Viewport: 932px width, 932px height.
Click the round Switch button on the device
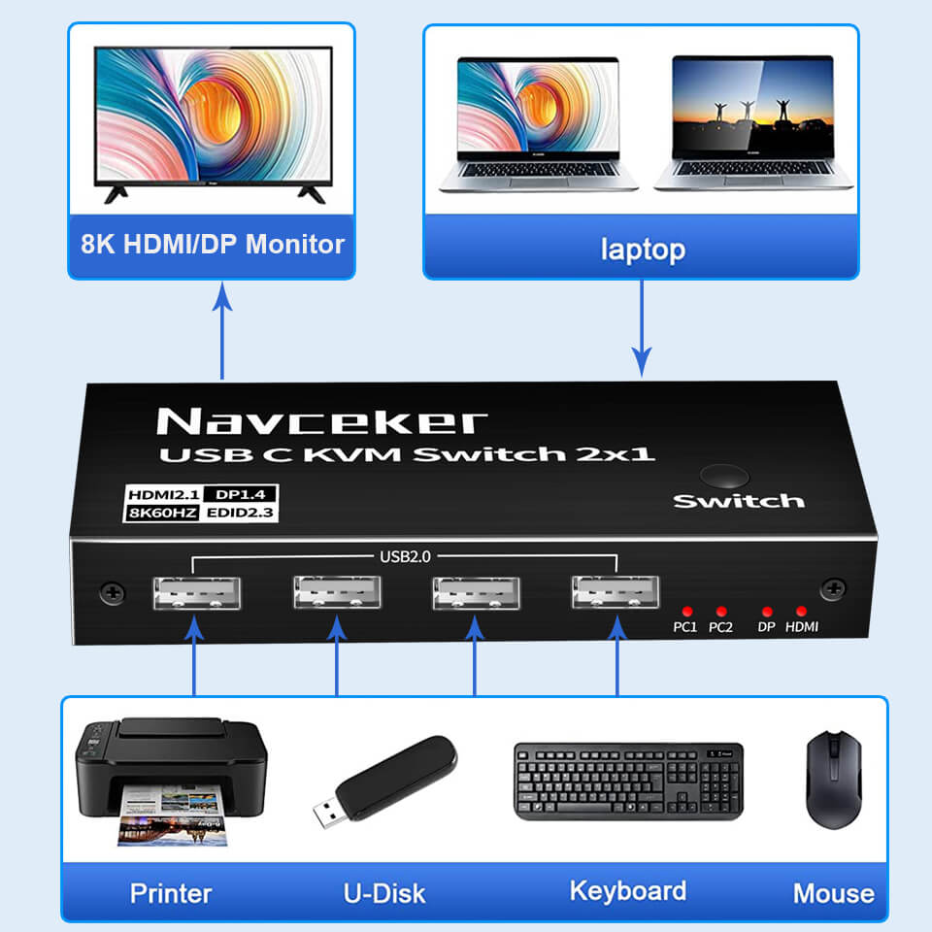tap(724, 478)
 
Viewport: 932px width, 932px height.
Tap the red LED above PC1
tap(686, 611)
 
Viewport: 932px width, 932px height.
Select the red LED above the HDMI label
tap(801, 611)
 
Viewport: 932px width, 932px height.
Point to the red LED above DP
tap(767, 611)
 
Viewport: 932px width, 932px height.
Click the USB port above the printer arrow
tap(197, 594)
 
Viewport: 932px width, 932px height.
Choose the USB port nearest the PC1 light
tap(616, 594)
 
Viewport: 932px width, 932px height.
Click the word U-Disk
tap(384, 893)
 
